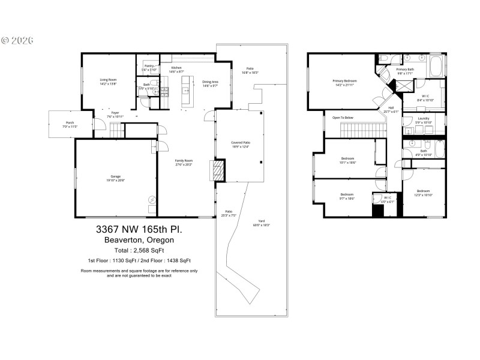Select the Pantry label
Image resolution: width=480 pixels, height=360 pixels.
click(x=148, y=67)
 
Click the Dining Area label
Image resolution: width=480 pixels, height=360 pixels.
click(x=210, y=83)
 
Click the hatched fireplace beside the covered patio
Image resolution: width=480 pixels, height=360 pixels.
click(x=216, y=171)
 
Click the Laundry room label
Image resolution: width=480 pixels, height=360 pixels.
click(x=424, y=121)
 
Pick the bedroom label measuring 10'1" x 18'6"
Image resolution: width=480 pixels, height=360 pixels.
click(x=347, y=160)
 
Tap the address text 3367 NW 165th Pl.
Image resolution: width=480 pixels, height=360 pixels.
click(x=139, y=230)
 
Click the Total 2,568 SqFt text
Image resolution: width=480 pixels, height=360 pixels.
click(x=139, y=250)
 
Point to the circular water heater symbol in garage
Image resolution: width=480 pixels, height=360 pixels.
click(x=152, y=200)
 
